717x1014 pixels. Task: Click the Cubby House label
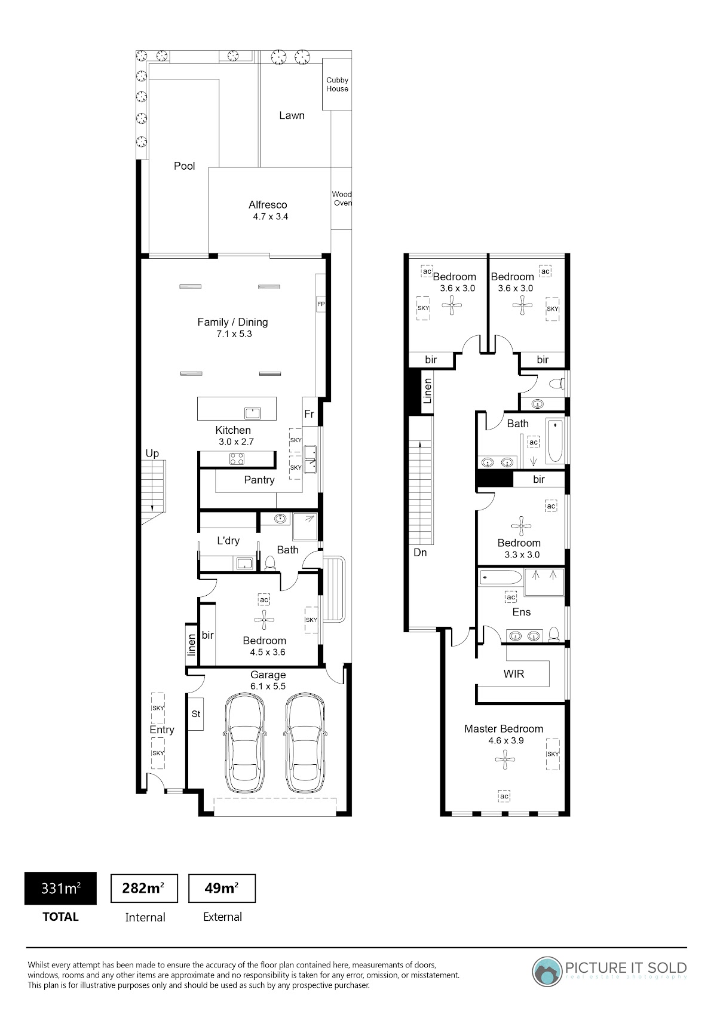pos(337,84)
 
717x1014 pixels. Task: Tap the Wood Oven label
pos(342,198)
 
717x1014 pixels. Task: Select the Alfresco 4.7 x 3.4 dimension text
pos(270,217)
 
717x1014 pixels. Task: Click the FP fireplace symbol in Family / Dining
pos(321,304)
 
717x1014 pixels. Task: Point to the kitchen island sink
pos(252,413)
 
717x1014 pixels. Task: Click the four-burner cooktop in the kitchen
pos(237,458)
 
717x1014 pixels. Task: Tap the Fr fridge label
pos(309,413)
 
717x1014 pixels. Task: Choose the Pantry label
pos(259,480)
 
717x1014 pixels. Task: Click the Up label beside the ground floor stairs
pos(152,454)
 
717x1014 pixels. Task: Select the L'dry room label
pos(228,541)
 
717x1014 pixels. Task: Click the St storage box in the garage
pos(195,714)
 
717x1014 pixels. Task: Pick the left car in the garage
pos(244,743)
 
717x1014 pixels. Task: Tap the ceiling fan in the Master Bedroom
pos(505,759)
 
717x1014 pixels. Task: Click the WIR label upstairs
pos(514,674)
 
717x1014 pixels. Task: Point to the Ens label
pos(522,612)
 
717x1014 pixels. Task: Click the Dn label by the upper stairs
pos(420,552)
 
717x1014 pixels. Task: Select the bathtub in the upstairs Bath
pos(555,441)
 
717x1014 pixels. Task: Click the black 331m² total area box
pos(61,889)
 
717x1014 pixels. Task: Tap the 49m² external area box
pos(222,888)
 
